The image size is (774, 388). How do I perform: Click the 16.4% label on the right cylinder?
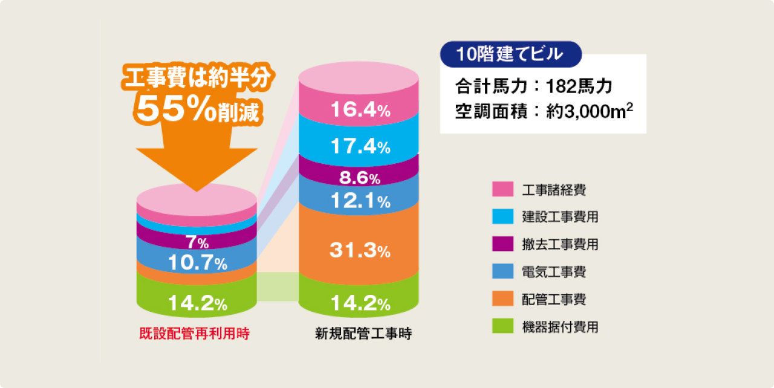coord(359,110)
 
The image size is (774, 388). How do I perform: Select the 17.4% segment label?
coord(359,146)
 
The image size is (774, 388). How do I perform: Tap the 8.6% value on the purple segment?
coord(359,178)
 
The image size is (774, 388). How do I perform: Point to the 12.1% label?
coord(359,202)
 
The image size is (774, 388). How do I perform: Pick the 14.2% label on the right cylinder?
coord(359,303)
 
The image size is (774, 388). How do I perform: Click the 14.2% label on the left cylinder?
coord(197,303)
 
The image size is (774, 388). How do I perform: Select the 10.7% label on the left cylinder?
coord(197,263)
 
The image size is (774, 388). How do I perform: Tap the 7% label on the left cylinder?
coord(197,243)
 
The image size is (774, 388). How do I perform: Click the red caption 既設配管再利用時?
coord(194,333)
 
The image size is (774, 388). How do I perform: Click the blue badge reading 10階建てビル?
coord(510,54)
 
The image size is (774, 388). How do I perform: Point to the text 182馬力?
coord(579,86)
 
